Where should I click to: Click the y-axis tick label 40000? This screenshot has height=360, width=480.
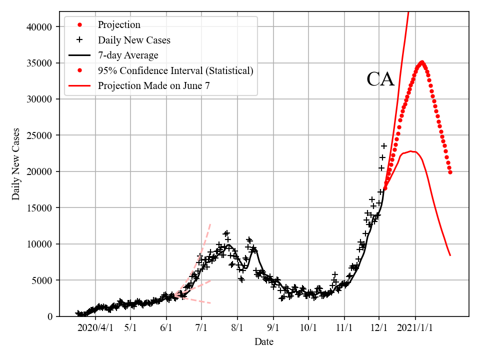click(x=39, y=27)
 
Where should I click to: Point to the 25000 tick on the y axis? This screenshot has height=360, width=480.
click(x=39, y=135)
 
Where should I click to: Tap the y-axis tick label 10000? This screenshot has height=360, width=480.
click(x=39, y=244)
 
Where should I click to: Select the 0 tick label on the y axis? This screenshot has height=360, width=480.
click(x=49, y=316)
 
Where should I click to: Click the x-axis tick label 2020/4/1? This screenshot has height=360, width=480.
click(x=95, y=328)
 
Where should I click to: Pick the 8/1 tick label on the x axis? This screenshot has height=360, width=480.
click(x=237, y=328)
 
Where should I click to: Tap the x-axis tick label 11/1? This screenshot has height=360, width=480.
click(x=344, y=328)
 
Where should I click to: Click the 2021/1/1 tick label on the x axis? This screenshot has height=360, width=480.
click(x=415, y=328)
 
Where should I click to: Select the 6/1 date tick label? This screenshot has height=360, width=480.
click(x=166, y=328)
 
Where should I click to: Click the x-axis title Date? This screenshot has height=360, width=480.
click(x=263, y=342)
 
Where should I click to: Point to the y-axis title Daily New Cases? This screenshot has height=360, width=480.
click(x=16, y=163)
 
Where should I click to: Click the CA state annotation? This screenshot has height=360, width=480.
click(x=380, y=79)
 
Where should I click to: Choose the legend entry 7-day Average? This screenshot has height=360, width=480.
click(x=128, y=55)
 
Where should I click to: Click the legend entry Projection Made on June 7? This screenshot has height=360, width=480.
click(x=153, y=85)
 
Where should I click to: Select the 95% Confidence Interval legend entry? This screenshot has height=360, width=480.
click(x=175, y=70)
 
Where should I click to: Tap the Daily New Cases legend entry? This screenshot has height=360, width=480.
click(x=134, y=40)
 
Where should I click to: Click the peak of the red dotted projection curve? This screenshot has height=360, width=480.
click(x=422, y=62)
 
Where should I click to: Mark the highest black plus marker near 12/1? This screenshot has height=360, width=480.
click(x=384, y=146)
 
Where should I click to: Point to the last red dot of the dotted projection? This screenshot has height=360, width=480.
click(x=450, y=172)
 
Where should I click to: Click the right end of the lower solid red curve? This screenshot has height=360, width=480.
click(x=450, y=255)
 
